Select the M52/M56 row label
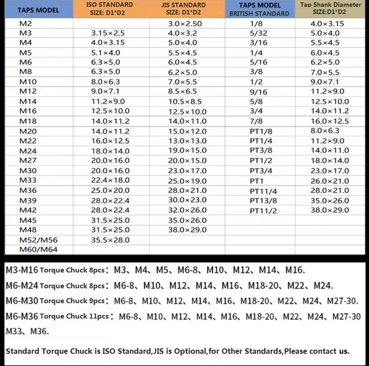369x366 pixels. coord(38,240)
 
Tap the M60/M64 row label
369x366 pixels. coord(38,249)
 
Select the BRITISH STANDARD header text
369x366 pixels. coord(259,14)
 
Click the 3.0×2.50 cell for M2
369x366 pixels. coord(184,23)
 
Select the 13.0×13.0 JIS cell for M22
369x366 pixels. coord(187,141)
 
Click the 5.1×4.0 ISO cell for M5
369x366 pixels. coord(107,53)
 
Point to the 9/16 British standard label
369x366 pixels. coord(259,92)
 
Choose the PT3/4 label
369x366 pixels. coord(261,171)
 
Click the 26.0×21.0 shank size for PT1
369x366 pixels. coord(330,181)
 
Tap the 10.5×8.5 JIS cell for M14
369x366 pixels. coord(185,102)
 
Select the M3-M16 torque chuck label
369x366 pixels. coord(22,271)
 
